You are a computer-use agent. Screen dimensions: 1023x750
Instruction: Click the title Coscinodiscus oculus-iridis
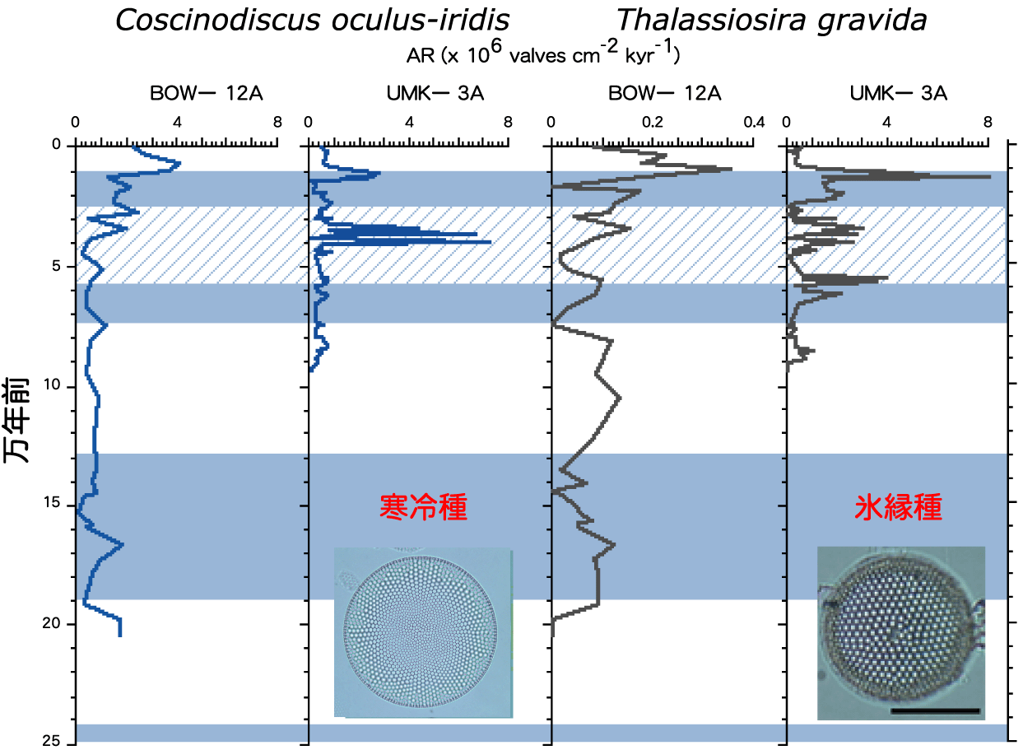pyautogui.click(x=313, y=20)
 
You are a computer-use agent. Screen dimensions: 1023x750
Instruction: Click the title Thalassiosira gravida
pyautogui.click(x=771, y=21)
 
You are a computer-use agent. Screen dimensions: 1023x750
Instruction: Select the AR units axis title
pyautogui.click(x=542, y=53)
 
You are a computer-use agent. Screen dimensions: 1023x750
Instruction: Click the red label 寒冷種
pyautogui.click(x=423, y=507)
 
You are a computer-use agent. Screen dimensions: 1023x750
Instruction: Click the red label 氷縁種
pyautogui.click(x=899, y=507)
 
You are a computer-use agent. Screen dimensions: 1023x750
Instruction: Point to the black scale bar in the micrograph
pyautogui.click(x=935, y=710)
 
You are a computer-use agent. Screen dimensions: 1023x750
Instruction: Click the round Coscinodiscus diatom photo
pyautogui.click(x=423, y=632)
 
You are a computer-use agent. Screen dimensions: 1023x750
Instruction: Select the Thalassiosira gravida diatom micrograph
pyautogui.click(x=901, y=632)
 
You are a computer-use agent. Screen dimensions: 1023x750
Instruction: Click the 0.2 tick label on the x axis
pyautogui.click(x=652, y=122)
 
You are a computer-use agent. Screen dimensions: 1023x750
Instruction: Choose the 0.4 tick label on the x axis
pyautogui.click(x=754, y=122)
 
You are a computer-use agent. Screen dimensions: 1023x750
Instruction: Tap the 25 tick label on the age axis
pyautogui.click(x=51, y=741)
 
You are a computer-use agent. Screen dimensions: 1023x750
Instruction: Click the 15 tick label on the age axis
pyautogui.click(x=51, y=503)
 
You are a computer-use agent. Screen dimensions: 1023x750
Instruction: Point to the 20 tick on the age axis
pyautogui.click(x=51, y=623)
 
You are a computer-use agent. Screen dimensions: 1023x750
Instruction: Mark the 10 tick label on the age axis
pyautogui.click(x=51, y=384)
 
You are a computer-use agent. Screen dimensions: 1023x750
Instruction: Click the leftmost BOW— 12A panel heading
pyautogui.click(x=207, y=94)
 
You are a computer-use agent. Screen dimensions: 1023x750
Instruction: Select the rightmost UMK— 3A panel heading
pyautogui.click(x=899, y=94)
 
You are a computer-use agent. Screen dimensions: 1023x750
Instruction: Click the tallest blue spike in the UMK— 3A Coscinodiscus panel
pyautogui.click(x=489, y=241)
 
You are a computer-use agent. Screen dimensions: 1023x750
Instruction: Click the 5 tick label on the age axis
pyautogui.click(x=56, y=266)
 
